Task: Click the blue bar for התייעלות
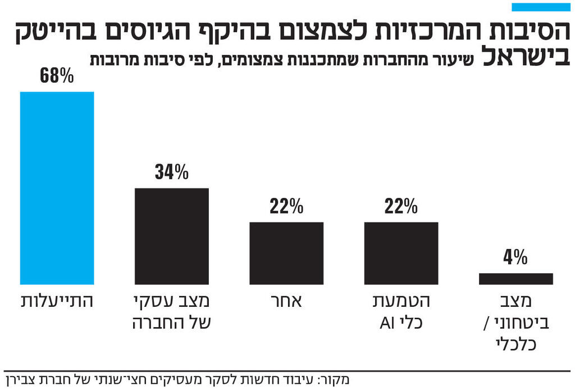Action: point(57,188)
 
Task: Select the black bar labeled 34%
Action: point(172,236)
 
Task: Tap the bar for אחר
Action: point(286,253)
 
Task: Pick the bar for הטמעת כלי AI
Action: point(401,253)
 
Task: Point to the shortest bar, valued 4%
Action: point(515,279)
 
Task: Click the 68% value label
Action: point(57,76)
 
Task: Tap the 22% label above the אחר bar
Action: point(286,207)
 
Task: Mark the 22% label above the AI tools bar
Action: point(401,207)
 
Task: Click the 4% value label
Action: point(515,258)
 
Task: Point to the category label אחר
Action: point(287,302)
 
